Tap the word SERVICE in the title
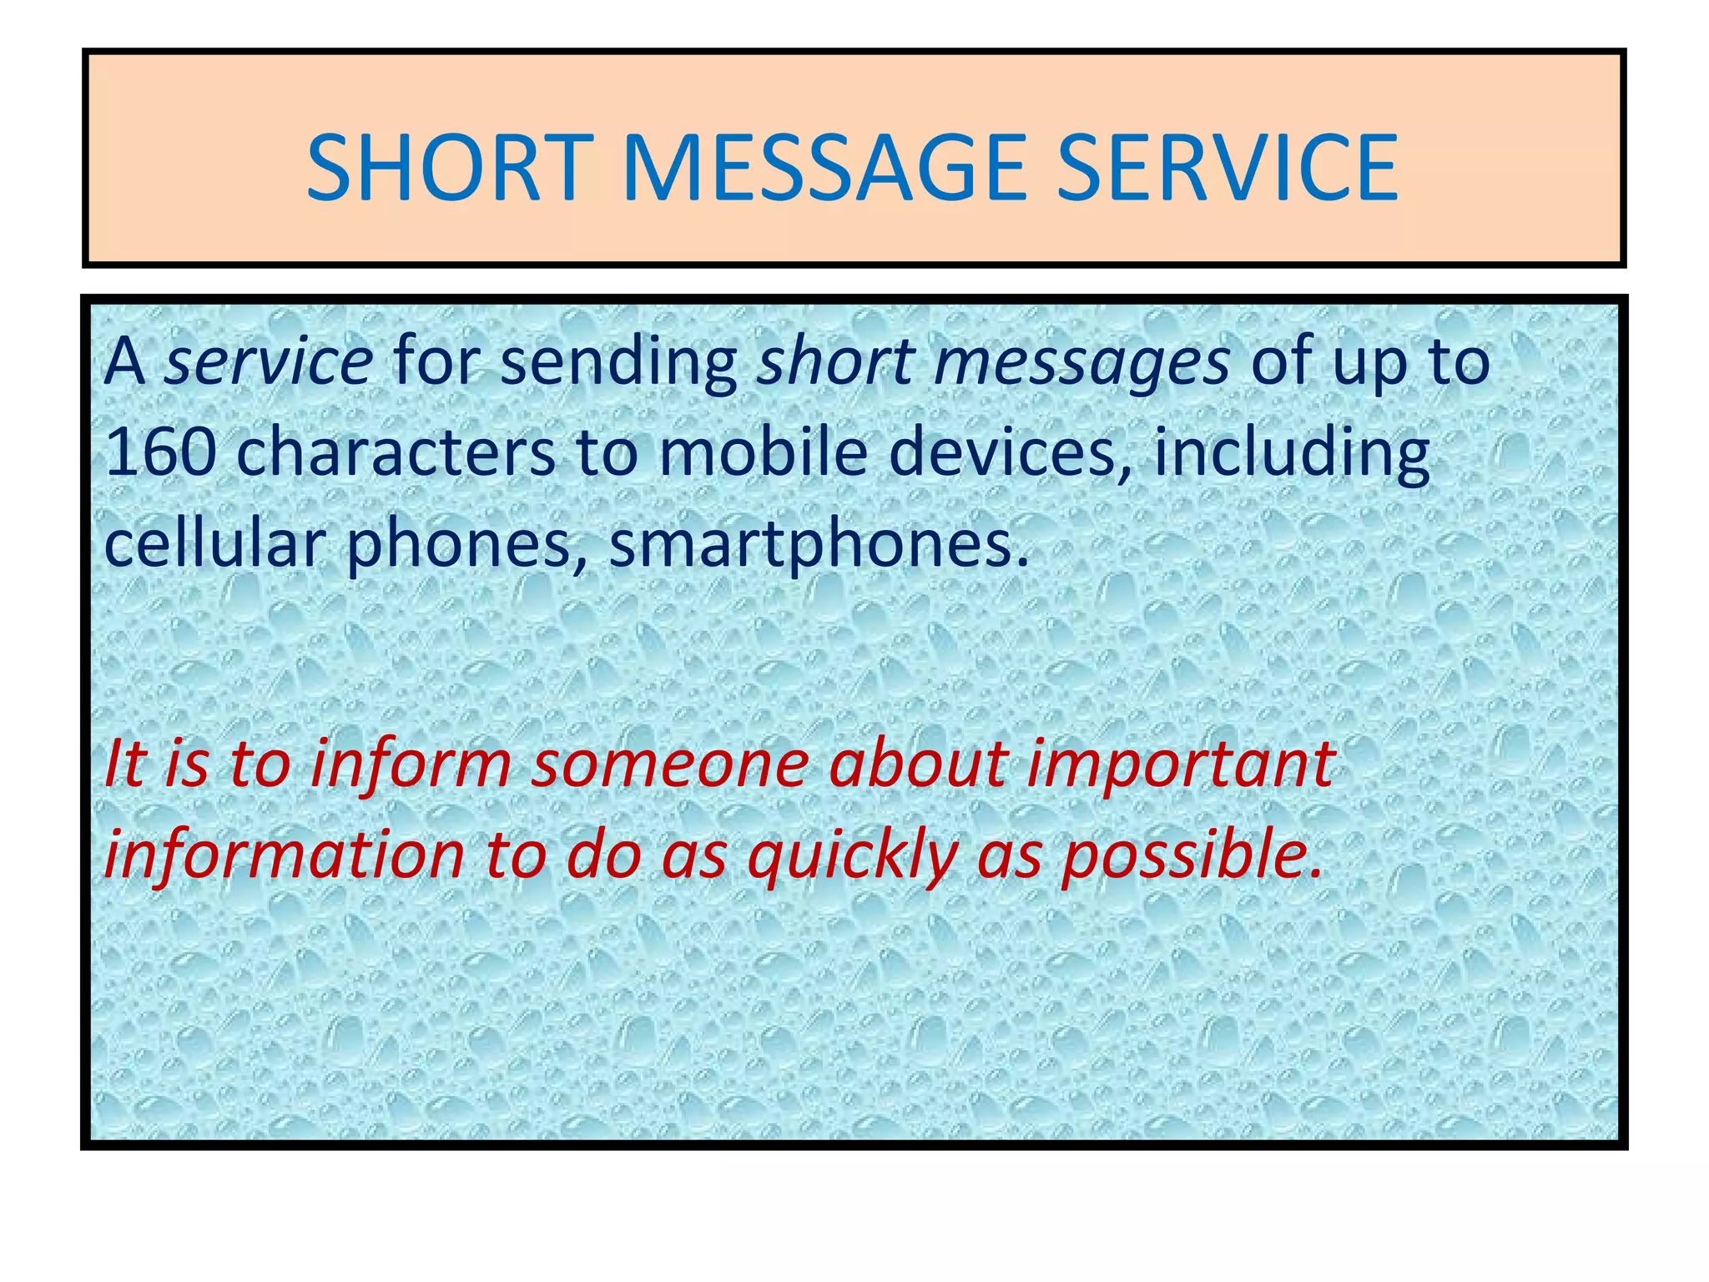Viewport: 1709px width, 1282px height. [x=1227, y=169]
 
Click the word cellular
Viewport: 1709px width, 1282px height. [x=214, y=543]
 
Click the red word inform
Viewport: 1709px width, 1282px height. [x=410, y=765]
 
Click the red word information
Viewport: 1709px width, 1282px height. [x=285, y=856]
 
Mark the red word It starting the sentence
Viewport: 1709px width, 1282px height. [x=125, y=765]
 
